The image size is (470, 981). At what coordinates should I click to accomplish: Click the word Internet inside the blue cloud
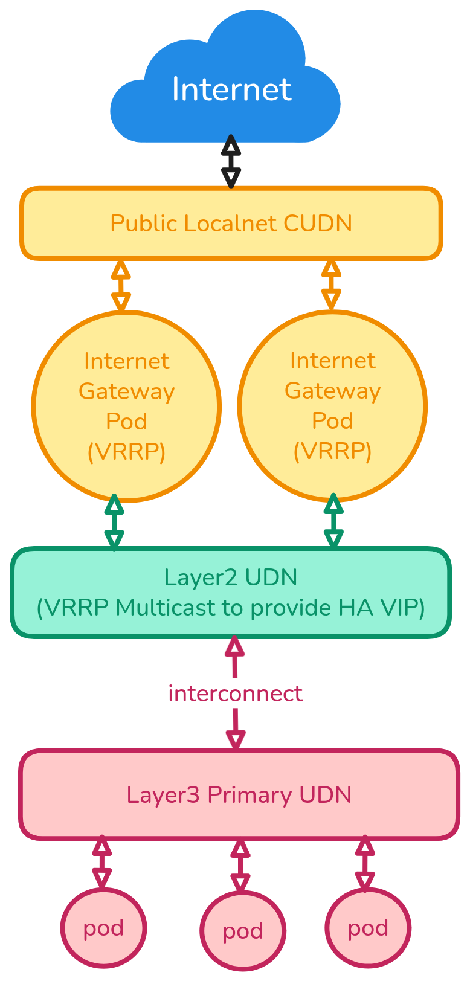[x=231, y=89]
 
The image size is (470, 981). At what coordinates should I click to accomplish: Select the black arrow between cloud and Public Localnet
[x=231, y=161]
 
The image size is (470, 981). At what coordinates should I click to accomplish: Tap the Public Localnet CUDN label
[x=231, y=224]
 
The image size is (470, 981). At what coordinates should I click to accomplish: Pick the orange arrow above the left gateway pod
[x=121, y=285]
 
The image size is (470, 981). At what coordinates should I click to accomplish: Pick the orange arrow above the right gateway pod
[x=331, y=285]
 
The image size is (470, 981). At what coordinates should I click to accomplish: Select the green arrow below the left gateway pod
[x=114, y=521]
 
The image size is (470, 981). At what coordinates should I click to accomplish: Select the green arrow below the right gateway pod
[x=333, y=521]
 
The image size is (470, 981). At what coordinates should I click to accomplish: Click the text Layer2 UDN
[x=231, y=577]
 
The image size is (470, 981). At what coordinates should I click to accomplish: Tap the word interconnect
[x=235, y=693]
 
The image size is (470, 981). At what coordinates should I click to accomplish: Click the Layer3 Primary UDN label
[x=239, y=795]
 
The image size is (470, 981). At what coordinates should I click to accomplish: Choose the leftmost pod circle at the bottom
[x=103, y=928]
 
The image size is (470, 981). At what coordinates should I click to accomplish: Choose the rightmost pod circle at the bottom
[x=368, y=928]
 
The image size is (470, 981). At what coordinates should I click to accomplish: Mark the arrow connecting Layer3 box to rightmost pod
[x=365, y=863]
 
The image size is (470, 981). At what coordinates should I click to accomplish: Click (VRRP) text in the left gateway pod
[x=126, y=452]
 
